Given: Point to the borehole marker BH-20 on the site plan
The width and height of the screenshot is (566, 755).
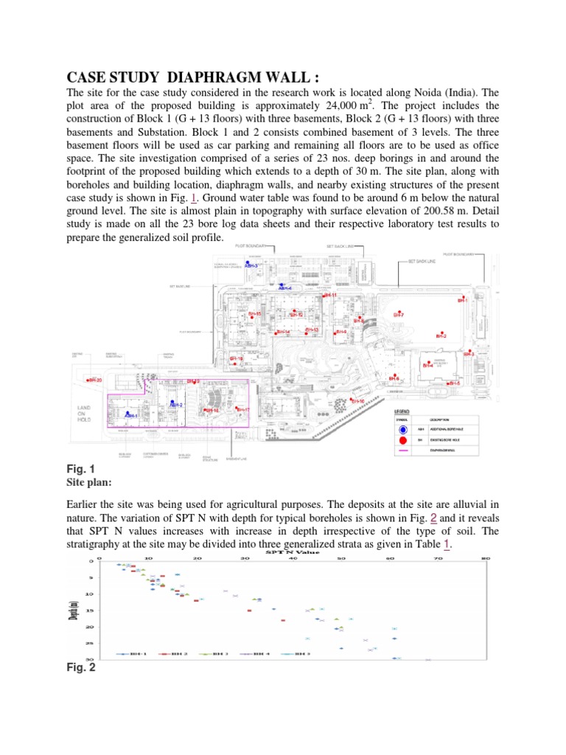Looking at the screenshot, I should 94,380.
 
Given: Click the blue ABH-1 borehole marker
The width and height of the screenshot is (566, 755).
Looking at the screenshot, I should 130,416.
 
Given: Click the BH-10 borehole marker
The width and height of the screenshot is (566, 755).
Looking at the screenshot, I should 356,400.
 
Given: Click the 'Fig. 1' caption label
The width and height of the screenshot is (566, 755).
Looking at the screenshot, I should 80,469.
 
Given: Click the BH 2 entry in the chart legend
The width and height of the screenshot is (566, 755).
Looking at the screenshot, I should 178,653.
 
